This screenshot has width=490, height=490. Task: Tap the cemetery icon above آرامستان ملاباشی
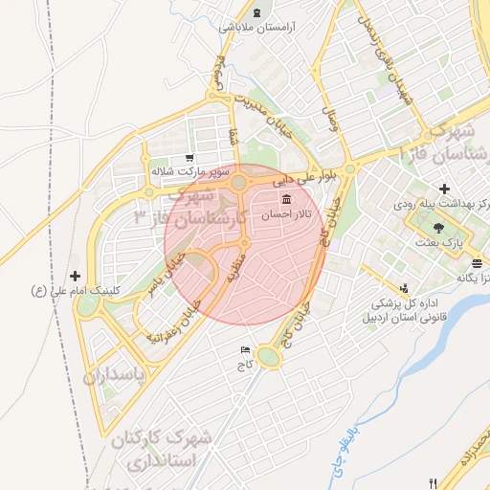coord(258,11)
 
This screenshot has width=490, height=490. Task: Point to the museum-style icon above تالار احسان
coord(286,199)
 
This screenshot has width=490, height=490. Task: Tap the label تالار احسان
coord(295,215)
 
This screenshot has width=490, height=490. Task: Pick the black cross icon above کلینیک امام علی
coord(76,276)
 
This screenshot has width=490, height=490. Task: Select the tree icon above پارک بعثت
coord(439,228)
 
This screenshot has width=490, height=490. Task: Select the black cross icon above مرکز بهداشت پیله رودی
coord(443,189)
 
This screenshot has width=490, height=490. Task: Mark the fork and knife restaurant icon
coord(435,481)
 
